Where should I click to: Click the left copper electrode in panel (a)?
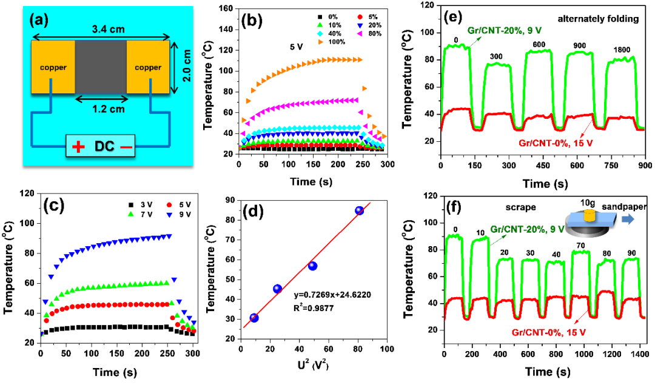click(53, 67)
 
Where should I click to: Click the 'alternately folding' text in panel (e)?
click(602, 19)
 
